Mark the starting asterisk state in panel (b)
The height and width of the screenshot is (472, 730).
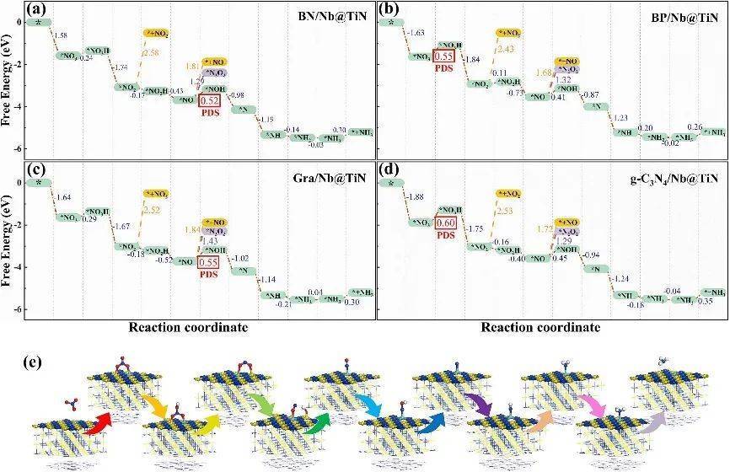(x=390, y=21)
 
